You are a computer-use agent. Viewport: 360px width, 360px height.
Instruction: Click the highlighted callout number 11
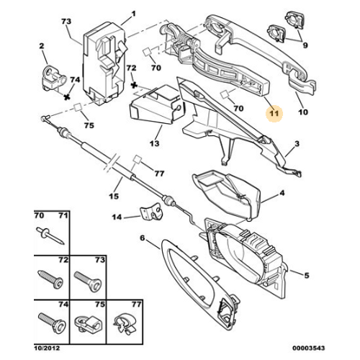click(x=274, y=113)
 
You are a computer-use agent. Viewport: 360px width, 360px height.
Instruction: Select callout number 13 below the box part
click(x=154, y=143)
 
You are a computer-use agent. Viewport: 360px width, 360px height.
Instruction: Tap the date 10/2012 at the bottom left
click(x=46, y=348)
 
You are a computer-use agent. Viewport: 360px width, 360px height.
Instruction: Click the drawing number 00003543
click(x=308, y=348)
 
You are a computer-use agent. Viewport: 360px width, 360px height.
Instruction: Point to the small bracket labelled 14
click(x=151, y=212)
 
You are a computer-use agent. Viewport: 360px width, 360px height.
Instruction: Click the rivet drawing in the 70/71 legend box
click(x=50, y=235)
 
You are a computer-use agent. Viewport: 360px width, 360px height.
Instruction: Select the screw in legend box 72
click(x=50, y=279)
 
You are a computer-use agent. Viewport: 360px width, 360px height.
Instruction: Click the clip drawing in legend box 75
click(x=87, y=323)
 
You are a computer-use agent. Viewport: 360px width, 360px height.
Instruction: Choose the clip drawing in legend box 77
click(x=125, y=323)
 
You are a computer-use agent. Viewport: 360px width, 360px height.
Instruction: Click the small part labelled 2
click(x=55, y=78)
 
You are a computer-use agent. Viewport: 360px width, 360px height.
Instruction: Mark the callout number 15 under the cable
click(x=114, y=196)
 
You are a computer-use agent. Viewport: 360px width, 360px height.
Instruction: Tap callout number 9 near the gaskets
click(x=305, y=45)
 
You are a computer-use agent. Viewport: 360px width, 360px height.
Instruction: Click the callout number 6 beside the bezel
click(x=143, y=238)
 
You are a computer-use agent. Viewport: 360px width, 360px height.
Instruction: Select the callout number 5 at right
click(x=307, y=275)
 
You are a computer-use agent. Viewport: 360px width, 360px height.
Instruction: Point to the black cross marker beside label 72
click(x=135, y=85)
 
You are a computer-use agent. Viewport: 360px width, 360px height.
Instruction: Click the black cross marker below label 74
click(x=67, y=97)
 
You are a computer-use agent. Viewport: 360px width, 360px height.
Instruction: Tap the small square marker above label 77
click(x=138, y=159)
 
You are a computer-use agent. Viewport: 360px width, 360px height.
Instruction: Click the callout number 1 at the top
click(x=133, y=14)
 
